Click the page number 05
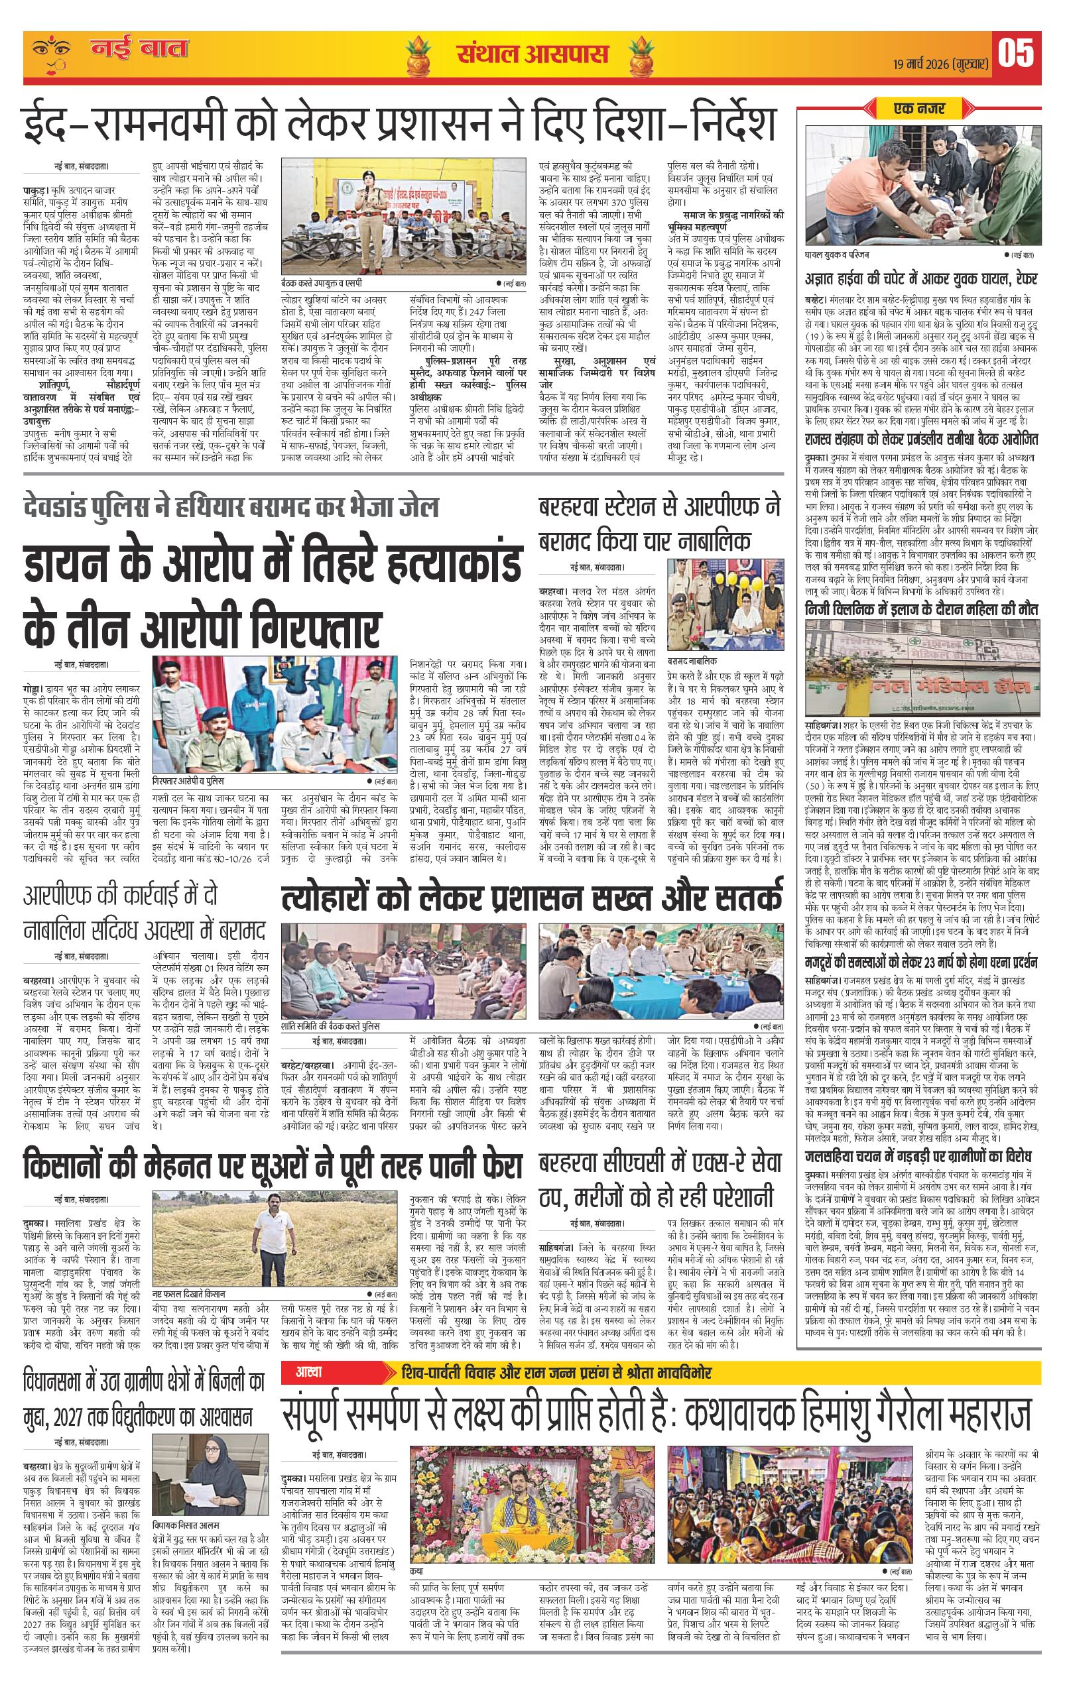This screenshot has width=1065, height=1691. point(1016,52)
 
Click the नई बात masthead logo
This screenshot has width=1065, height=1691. point(139,50)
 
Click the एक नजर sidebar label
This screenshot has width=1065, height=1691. point(920,109)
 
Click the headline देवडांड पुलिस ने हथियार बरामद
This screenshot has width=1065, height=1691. point(231,506)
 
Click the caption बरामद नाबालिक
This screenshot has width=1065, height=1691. point(692,662)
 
